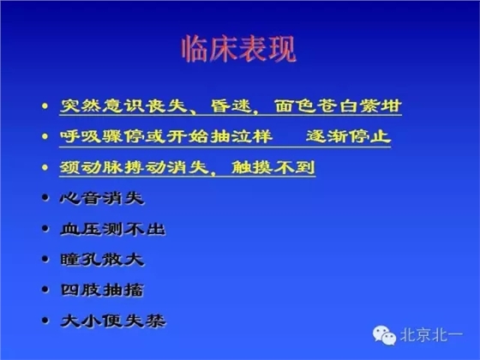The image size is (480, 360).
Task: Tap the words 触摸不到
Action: point(273,167)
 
